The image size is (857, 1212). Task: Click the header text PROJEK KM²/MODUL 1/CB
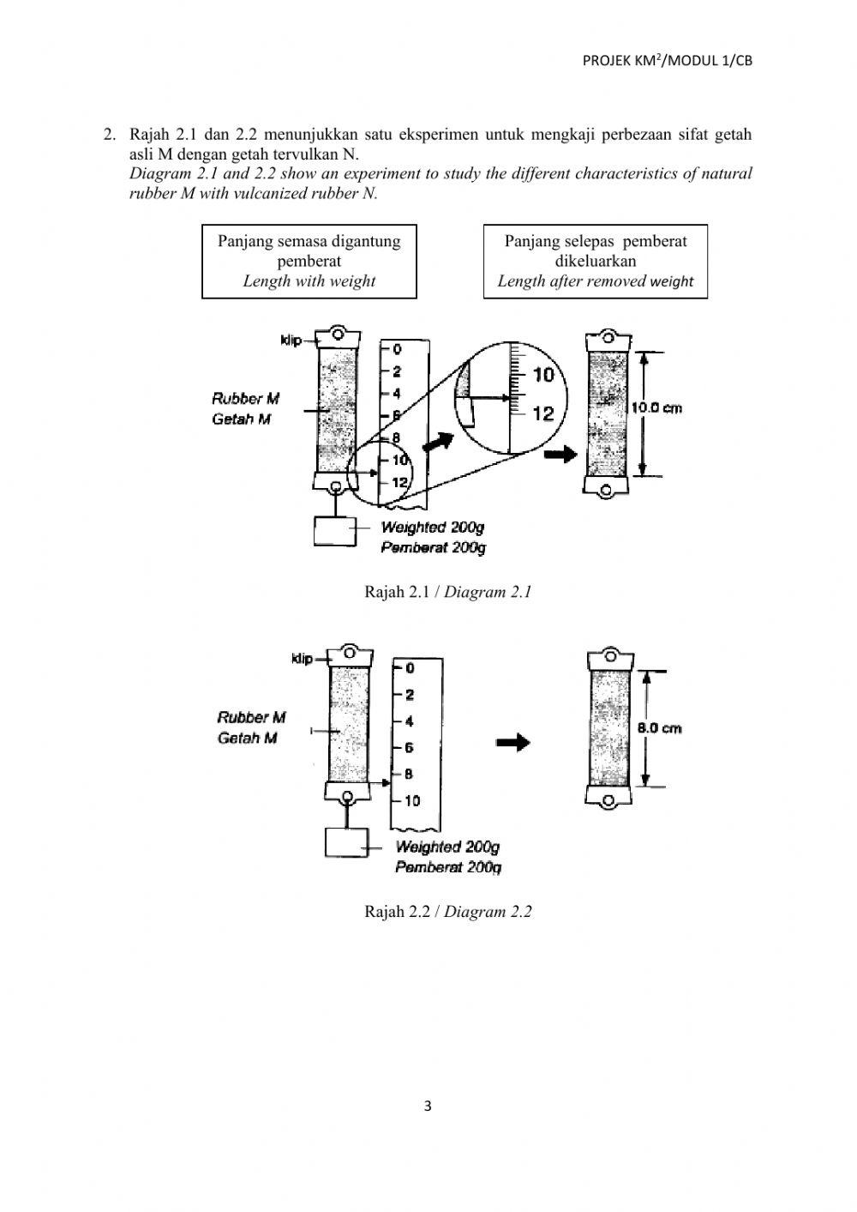click(x=668, y=60)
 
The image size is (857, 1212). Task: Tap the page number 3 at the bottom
click(x=428, y=1106)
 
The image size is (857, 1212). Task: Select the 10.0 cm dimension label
click(x=657, y=408)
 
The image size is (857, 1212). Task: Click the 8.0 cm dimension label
click(x=659, y=727)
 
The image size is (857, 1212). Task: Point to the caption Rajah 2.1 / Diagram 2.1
click(x=448, y=591)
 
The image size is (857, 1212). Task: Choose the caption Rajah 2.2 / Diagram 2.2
click(x=448, y=911)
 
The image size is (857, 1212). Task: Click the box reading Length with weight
click(x=309, y=262)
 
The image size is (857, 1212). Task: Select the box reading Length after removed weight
click(x=596, y=262)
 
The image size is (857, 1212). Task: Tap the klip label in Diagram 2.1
click(x=291, y=341)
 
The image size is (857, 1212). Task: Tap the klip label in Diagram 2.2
click(x=302, y=659)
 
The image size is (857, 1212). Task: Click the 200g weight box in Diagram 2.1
click(x=335, y=530)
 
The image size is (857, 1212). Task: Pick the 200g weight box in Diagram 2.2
click(x=346, y=842)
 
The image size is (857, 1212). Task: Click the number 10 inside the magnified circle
click(x=543, y=375)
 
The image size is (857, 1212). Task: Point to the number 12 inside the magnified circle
click(x=543, y=414)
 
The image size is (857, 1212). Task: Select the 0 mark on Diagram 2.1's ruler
click(x=398, y=349)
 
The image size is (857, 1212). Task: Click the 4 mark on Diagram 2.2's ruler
click(x=410, y=721)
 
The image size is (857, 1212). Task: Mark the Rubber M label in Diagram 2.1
click(x=245, y=399)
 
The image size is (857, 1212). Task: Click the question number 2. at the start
click(x=109, y=134)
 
